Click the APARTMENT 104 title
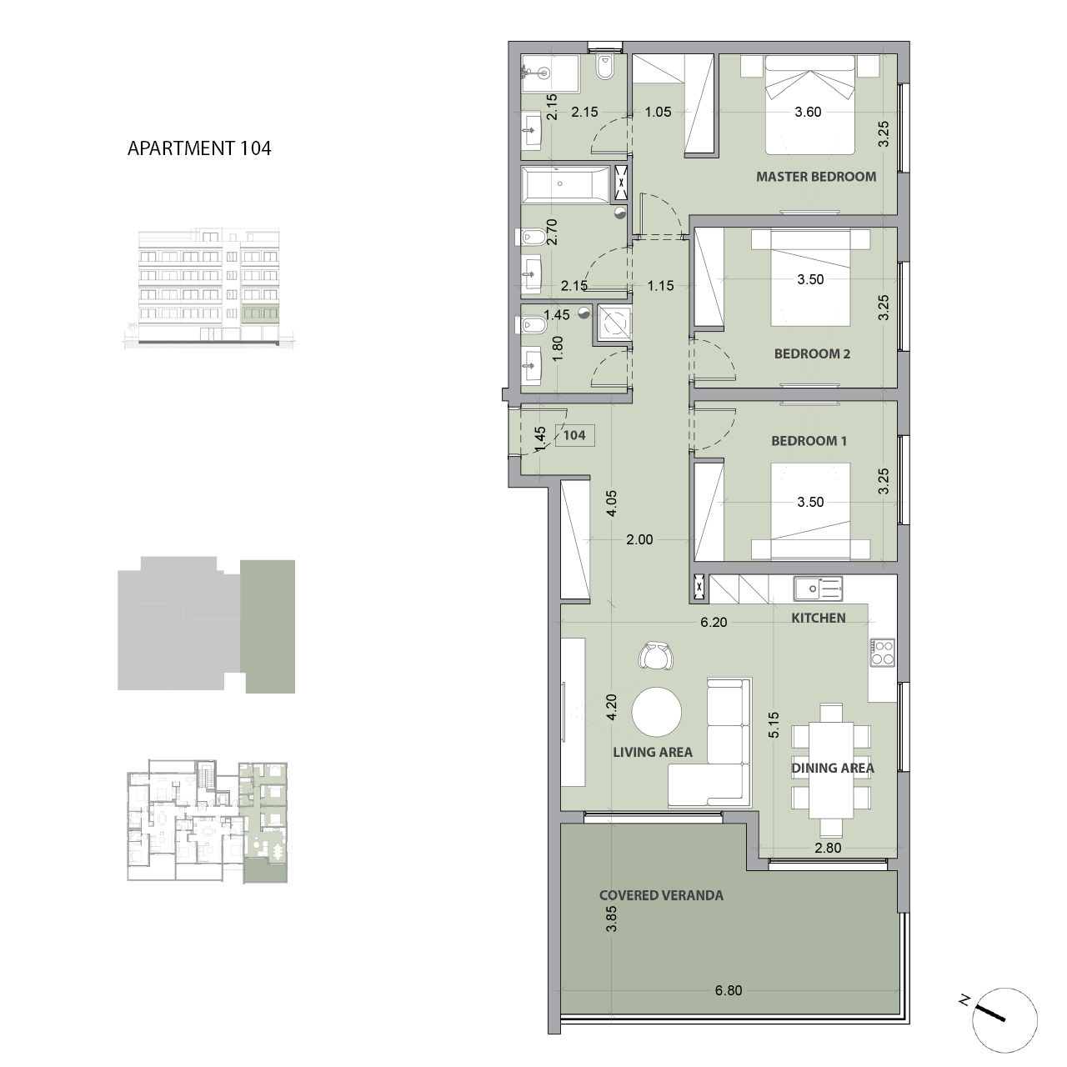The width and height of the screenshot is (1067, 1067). (199, 148)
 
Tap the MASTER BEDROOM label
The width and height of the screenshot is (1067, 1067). (815, 177)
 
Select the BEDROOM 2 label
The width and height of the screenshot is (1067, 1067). (812, 353)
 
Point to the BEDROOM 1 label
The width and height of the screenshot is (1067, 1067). (809, 440)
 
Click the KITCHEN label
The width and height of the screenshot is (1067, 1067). (818, 618)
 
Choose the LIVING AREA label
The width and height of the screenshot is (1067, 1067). (653, 752)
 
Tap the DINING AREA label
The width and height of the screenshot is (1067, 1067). (832, 768)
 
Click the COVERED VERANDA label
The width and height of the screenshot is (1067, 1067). (661, 896)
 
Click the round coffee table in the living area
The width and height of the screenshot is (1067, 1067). (657, 713)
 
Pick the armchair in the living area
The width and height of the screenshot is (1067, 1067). (656, 656)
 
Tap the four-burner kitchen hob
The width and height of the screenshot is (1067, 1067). (883, 652)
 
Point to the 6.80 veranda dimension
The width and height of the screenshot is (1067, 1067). (728, 991)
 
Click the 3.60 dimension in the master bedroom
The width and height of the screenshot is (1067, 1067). (808, 112)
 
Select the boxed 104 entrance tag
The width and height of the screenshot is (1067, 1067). (574, 434)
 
